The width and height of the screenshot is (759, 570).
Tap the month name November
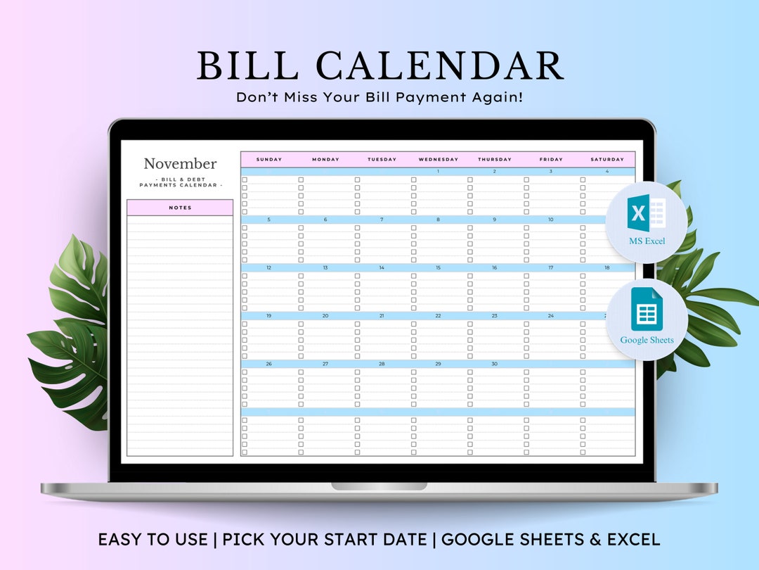pos(180,164)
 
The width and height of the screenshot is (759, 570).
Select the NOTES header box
pos(180,208)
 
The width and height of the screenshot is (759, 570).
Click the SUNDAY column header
pos(269,160)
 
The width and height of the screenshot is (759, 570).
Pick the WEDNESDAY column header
pos(438,160)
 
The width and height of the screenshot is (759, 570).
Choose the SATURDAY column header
pos(607,160)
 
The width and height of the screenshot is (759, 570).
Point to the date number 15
pos(438,268)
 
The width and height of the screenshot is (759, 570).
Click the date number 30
pos(494,365)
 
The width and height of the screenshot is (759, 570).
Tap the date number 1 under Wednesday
pos(438,172)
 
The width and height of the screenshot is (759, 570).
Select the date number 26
pos(269,365)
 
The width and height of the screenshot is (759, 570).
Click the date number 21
pos(382,316)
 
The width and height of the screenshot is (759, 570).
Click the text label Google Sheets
pos(647,341)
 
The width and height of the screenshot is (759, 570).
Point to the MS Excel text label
pos(647,241)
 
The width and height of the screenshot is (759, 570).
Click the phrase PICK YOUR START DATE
pos(325,540)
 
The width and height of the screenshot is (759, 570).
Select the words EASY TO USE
pos(153,540)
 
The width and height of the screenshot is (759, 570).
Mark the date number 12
pos(269,268)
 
